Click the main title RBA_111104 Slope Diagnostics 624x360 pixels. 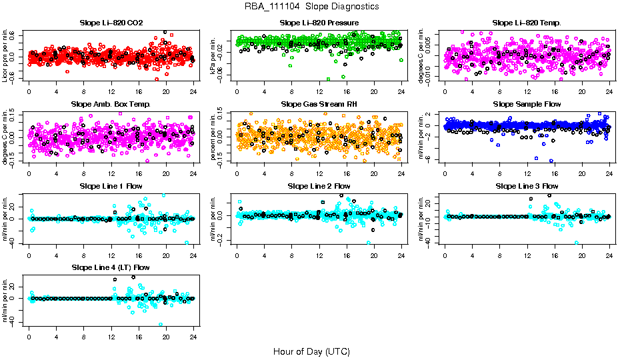coord(312,7)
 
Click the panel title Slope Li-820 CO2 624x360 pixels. coord(111,23)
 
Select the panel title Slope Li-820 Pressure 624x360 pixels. coord(318,23)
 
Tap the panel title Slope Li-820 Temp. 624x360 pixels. coord(527,23)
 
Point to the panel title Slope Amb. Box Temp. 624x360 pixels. coord(111,105)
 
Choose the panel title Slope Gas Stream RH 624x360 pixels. coord(318,105)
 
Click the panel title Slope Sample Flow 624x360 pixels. coord(527,105)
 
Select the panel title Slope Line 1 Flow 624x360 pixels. coord(111,186)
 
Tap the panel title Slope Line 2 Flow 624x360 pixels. coord(318,186)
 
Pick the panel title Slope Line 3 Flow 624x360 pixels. coord(527,186)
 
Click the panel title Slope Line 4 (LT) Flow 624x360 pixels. coord(111,267)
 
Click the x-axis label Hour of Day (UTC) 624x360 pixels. coord(311,351)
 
